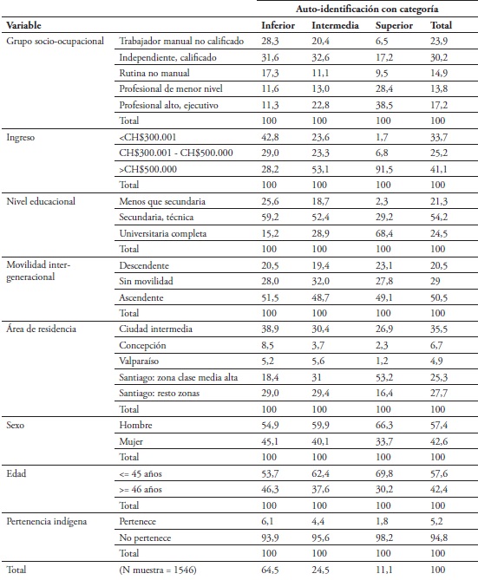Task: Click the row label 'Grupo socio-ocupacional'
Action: click(55, 41)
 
